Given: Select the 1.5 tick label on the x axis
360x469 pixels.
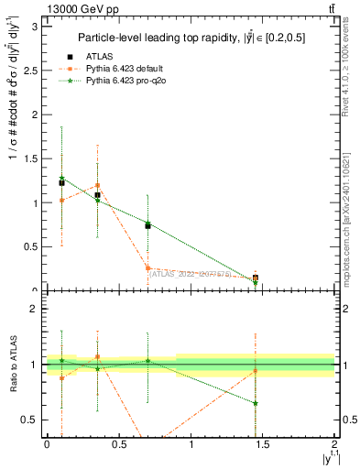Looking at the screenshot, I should coord(263,445).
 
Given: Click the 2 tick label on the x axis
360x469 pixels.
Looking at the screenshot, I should coord(334,445).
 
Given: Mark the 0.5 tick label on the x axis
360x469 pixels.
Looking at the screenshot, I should coord(119,445).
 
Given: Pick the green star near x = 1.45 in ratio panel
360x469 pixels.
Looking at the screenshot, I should coord(256,403).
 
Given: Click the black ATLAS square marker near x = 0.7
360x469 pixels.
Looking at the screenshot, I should coord(147,225).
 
